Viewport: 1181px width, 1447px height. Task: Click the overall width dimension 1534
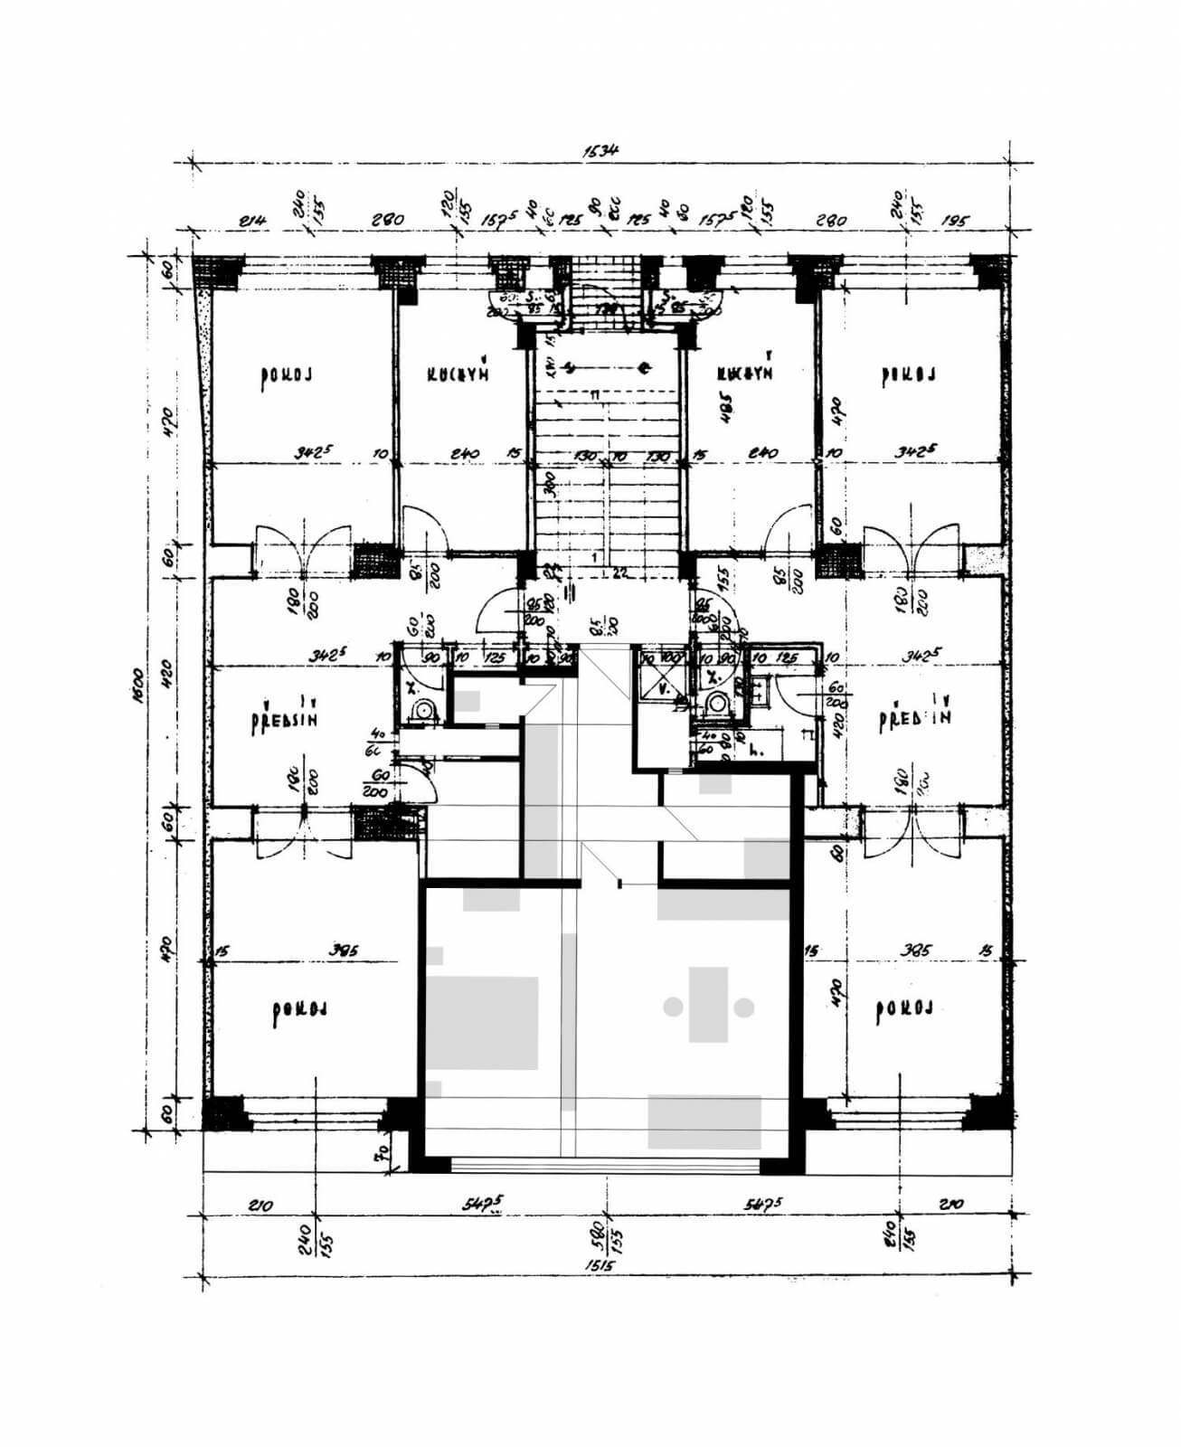pyautogui.click(x=600, y=152)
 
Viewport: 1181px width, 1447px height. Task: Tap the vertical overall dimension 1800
pyautogui.click(x=138, y=685)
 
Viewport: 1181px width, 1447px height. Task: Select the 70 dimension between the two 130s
pyautogui.click(x=621, y=456)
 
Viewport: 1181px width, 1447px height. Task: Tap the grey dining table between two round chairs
pyautogui.click(x=708, y=1005)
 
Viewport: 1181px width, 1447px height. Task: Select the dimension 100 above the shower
pyautogui.click(x=671, y=657)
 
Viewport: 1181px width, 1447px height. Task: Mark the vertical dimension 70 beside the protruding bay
pyautogui.click(x=383, y=1153)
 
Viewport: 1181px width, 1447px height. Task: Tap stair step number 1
pyautogui.click(x=594, y=558)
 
